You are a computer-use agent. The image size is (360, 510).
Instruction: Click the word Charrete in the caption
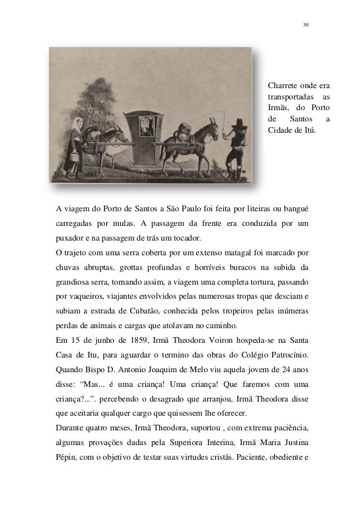(284, 86)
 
